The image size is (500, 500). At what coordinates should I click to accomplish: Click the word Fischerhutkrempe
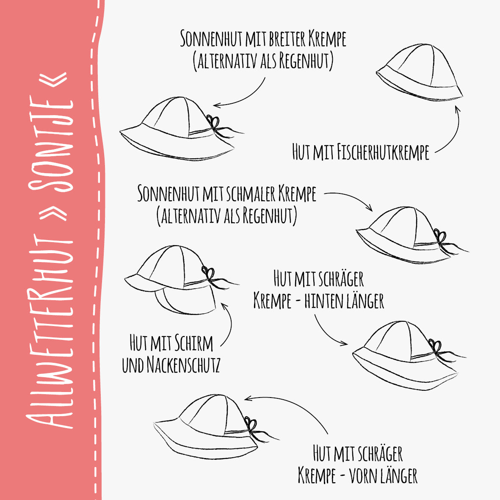click(x=383, y=152)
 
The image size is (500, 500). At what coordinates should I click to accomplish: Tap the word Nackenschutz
click(x=183, y=365)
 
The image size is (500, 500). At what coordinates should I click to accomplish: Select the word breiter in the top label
click(x=287, y=39)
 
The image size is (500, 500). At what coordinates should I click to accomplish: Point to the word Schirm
click(x=193, y=343)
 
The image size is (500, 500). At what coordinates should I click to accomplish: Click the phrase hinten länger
click(x=344, y=301)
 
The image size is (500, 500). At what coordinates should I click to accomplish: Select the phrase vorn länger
click(x=383, y=475)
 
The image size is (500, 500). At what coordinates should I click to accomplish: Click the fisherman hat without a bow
click(x=420, y=73)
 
